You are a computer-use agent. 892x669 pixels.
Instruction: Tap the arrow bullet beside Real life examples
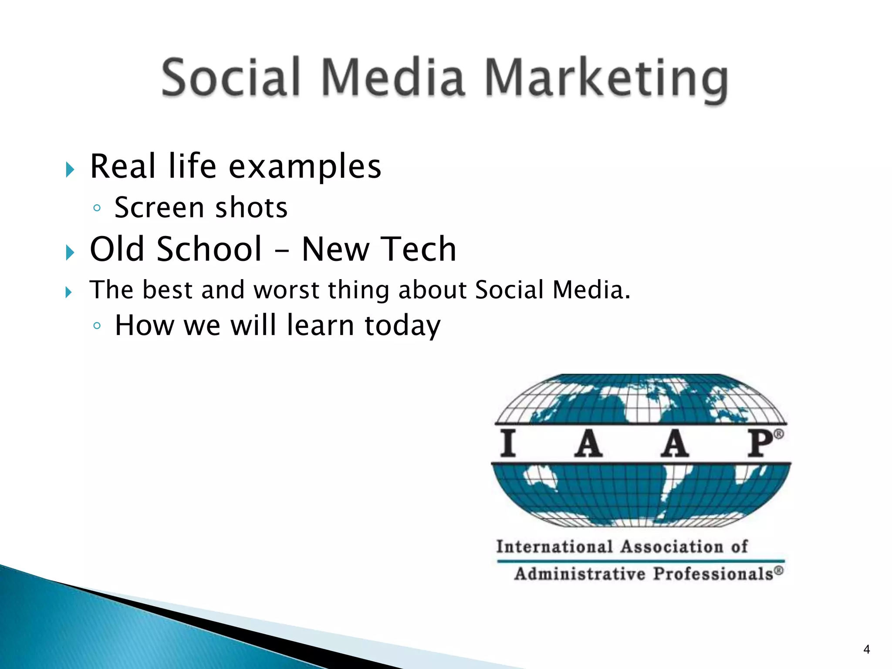tap(70, 169)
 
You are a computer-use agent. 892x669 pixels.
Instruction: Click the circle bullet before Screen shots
tap(97, 208)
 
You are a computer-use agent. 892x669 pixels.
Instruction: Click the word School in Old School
tap(209, 249)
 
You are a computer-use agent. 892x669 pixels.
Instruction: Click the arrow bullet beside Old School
tap(70, 252)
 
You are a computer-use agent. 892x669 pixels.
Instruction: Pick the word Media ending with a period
tap(591, 290)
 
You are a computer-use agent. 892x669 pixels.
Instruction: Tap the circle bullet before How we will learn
tap(97, 326)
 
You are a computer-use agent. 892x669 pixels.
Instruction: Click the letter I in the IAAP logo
tap(508, 443)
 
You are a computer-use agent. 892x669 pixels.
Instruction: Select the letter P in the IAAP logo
tap(760, 443)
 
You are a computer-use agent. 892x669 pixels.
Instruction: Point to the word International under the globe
tap(554, 547)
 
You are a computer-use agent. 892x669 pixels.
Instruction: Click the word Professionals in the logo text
tap(713, 574)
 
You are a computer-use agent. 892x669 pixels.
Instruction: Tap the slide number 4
tap(866, 649)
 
